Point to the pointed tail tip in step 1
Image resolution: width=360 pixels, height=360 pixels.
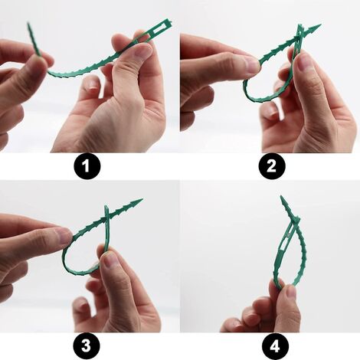tap(30, 27)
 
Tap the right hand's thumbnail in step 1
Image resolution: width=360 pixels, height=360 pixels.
tap(140, 52)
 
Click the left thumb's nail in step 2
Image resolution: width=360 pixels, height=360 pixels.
tap(251, 67)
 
